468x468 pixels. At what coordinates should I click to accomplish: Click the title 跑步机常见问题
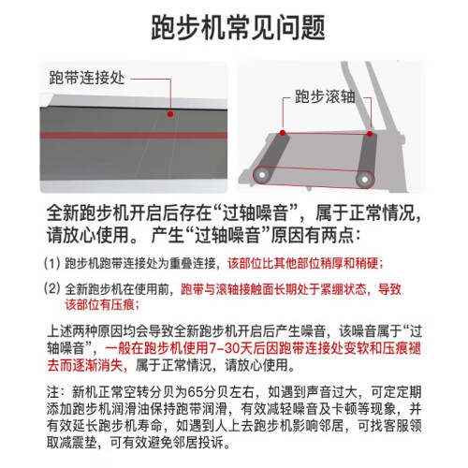pos(238,27)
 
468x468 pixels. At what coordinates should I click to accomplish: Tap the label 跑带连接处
pos(87,78)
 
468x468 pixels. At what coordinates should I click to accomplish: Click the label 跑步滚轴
pos(325,96)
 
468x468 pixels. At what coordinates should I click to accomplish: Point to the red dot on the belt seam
pos(170,114)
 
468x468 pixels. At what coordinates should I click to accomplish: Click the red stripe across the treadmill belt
pos(134,136)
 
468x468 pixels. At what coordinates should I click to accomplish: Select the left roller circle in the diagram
pos(262,175)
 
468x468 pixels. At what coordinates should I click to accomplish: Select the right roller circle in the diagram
pos(364,179)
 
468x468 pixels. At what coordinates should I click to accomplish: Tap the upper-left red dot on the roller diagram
pos(283,133)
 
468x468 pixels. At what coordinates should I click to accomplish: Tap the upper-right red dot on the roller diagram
pos(370,134)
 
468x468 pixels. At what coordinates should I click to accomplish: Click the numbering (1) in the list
pos(51,264)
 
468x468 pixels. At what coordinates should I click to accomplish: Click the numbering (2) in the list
pos(51,288)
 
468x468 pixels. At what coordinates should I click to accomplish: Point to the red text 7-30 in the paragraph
pos(224,348)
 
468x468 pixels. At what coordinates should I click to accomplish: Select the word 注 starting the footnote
pos(53,392)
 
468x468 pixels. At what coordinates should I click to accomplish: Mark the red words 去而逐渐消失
pos(85,365)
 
